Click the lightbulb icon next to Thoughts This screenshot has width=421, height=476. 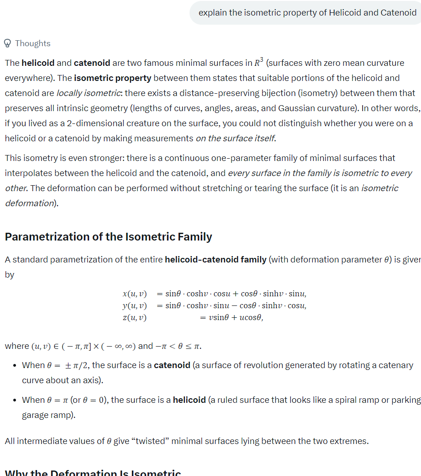point(7,43)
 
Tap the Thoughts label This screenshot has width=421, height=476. point(33,43)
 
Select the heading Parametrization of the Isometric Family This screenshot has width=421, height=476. point(108,236)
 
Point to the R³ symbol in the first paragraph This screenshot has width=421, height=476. point(258,62)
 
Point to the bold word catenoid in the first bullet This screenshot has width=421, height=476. point(172,365)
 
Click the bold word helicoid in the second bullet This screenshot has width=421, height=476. point(189,400)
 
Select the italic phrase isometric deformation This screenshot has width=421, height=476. point(201,195)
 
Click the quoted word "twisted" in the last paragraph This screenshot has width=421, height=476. point(149,441)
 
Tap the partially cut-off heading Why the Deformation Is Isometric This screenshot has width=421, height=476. point(93,473)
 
